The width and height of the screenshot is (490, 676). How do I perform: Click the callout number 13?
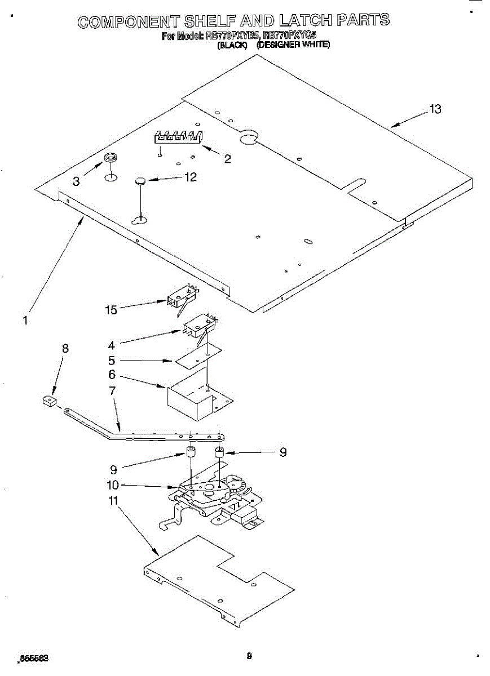point(435,109)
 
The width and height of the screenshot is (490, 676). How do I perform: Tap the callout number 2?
point(227,159)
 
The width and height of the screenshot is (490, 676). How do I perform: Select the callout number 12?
point(191,177)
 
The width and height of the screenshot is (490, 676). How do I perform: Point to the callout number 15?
point(111,309)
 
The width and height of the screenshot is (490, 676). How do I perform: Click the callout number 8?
point(65,349)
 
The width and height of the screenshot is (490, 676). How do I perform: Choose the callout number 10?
point(112,485)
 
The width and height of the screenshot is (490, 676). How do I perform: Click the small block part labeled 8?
point(50,401)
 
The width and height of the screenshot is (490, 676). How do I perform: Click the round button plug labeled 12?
point(140,180)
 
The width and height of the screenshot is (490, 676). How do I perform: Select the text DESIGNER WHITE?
point(293,45)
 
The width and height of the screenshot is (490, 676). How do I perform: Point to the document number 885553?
point(34,658)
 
